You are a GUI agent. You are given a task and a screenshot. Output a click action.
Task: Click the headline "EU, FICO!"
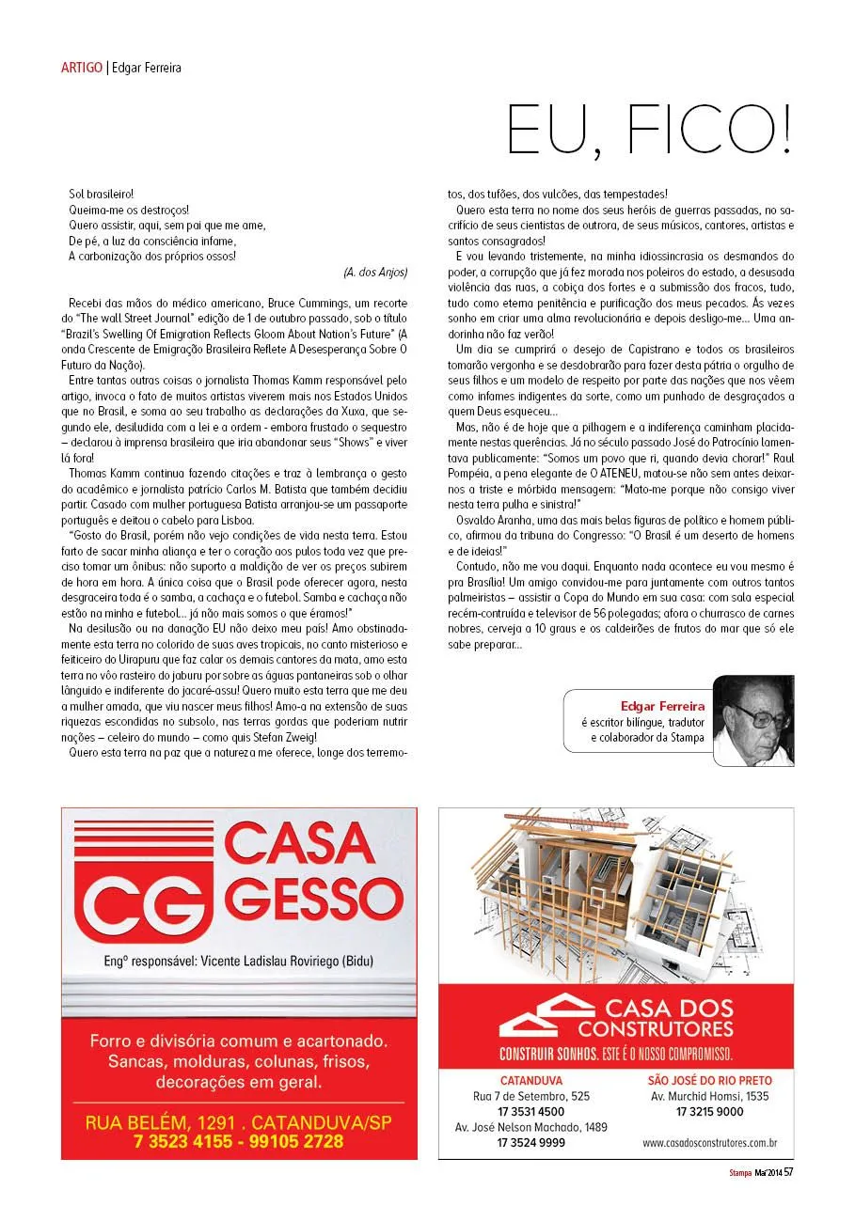click(649, 131)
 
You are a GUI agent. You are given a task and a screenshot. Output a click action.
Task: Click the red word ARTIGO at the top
click(82, 68)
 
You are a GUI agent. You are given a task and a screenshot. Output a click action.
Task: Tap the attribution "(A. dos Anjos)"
click(375, 272)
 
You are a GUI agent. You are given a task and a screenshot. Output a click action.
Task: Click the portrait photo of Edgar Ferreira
click(753, 720)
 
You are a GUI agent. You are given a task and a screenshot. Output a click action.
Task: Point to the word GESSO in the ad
click(310, 899)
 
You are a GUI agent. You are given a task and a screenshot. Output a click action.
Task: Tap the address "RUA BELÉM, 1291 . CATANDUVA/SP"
click(239, 1122)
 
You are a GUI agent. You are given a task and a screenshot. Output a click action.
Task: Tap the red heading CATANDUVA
click(531, 1081)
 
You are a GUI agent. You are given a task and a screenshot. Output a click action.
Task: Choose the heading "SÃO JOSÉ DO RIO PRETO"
click(708, 1081)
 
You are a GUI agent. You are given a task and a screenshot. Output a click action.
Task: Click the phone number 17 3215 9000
click(709, 1111)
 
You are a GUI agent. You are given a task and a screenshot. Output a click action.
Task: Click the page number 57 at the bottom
click(788, 1171)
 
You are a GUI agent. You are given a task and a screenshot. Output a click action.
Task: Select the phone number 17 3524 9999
click(531, 1143)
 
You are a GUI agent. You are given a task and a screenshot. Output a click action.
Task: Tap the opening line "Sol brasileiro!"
click(102, 194)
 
